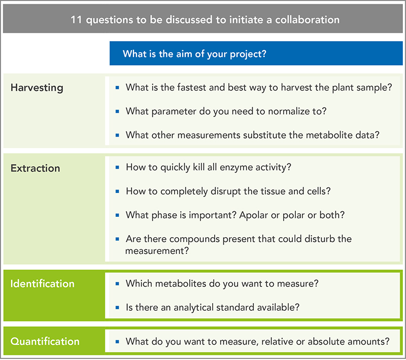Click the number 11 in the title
[76, 20]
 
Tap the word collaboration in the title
[307, 20]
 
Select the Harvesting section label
[37, 88]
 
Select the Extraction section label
[35, 169]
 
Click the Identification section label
[43, 284]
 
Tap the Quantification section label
[45, 341]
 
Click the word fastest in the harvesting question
[191, 87]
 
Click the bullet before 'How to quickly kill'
[117, 168]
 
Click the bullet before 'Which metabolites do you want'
[117, 284]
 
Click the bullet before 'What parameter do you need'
[117, 112]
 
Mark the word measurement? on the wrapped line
[157, 251]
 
